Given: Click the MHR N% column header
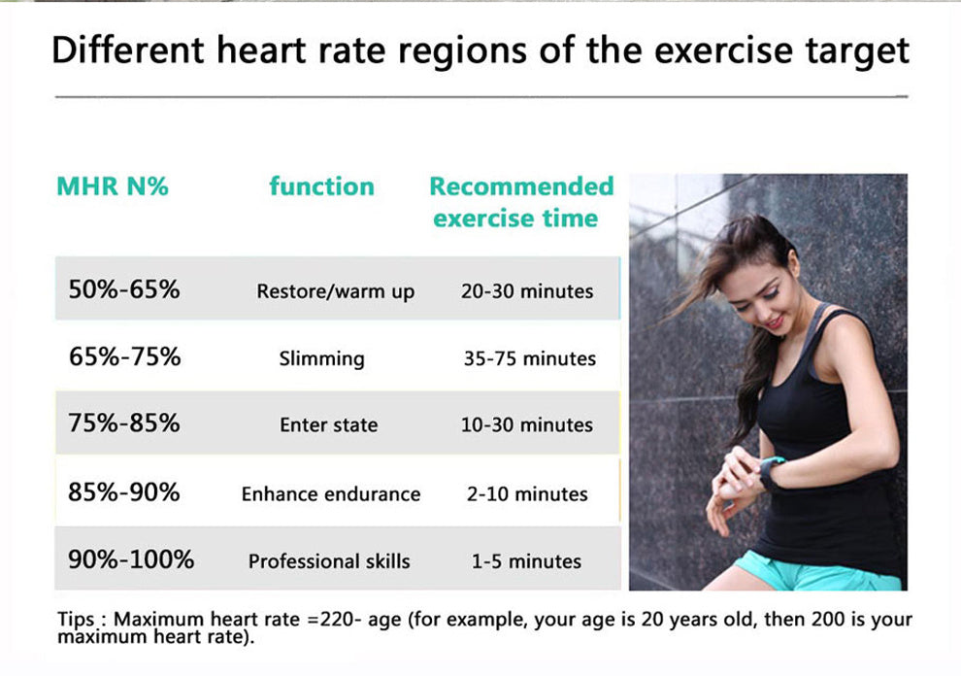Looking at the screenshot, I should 112,186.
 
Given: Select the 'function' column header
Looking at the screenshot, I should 321,186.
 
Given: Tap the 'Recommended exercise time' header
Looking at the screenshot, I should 521,202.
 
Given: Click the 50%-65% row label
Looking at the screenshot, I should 123,288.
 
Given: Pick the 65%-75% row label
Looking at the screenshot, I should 124,356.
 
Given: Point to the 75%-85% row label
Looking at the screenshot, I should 123,423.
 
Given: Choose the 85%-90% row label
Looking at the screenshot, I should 123,492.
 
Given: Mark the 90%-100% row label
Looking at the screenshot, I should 131,559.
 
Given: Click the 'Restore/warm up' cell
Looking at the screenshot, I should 335,291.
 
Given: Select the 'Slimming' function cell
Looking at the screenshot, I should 321,358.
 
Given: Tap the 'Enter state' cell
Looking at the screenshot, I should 328,425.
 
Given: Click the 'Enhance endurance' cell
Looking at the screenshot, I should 331,494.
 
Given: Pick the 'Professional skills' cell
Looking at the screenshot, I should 329,561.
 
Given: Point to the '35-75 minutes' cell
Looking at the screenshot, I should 529,358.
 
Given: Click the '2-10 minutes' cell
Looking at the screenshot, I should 527,494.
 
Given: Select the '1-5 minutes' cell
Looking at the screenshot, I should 525,561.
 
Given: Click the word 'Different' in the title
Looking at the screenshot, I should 128,51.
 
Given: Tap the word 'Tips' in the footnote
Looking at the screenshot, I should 76,620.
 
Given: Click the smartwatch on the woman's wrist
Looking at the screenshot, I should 772,471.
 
